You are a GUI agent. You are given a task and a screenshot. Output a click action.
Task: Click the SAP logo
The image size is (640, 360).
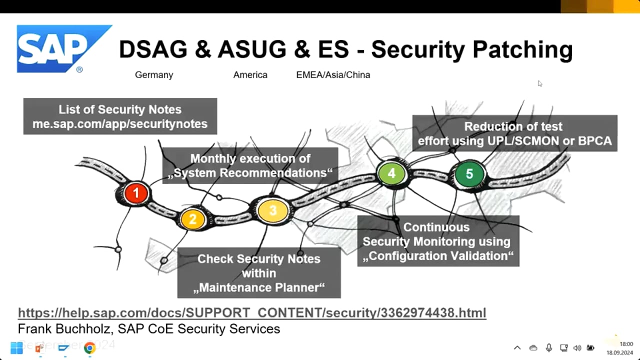click(64, 49)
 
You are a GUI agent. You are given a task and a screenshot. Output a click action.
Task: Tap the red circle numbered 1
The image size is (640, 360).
click(136, 193)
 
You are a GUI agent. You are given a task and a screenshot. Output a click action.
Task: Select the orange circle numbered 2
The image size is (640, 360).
click(193, 219)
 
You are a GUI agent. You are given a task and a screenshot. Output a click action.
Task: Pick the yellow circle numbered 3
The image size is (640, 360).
click(272, 211)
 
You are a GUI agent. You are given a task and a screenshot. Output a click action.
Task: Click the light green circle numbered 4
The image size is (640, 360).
click(391, 173)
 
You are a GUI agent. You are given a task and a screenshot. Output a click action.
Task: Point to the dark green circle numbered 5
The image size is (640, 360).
click(469, 174)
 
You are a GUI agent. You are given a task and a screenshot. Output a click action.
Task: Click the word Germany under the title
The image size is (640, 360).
click(154, 75)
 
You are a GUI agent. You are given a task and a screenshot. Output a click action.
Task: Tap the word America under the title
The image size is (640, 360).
click(250, 75)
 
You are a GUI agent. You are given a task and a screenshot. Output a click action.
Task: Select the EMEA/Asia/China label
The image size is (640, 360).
click(333, 75)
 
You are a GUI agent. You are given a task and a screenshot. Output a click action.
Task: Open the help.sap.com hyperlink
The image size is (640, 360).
click(252, 312)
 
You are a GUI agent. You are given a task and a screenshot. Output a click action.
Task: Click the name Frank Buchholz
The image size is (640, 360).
click(64, 329)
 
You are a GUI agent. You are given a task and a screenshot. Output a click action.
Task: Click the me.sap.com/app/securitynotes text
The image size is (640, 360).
click(120, 124)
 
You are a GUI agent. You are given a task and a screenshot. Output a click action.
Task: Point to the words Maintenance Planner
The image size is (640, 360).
click(259, 287)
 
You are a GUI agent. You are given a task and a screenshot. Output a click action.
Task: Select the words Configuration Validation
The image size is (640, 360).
click(438, 256)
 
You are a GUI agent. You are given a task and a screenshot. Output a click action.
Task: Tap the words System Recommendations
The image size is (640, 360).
click(250, 173)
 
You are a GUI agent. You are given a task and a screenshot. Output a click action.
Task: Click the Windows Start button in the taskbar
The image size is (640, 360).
click(16, 347)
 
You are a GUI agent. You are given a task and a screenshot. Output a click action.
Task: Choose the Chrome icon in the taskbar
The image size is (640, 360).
click(89, 348)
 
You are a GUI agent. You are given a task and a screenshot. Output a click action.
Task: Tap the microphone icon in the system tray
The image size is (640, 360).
click(548, 347)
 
